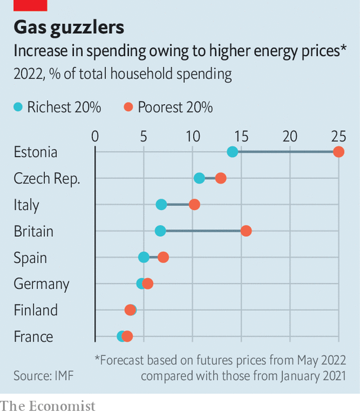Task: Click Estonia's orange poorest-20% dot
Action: click(339, 152)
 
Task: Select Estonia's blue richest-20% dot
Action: click(232, 152)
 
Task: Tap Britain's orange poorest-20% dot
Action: click(246, 231)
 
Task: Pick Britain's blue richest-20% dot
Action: click(160, 231)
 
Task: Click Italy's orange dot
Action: click(194, 205)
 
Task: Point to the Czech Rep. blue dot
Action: click(200, 178)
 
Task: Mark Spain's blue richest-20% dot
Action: click(144, 257)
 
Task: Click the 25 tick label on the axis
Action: click(338, 136)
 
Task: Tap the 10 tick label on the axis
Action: click(192, 136)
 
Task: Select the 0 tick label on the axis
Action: click(95, 136)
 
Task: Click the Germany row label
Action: click(41, 284)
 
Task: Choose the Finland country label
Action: click(36, 310)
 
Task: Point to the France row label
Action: click(34, 337)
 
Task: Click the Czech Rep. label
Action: click(47, 178)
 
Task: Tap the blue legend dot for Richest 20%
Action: click(18, 107)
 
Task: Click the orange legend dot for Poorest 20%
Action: click(128, 107)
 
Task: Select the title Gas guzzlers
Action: click(69, 27)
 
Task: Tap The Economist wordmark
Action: click(48, 406)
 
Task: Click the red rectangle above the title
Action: click(30, 5)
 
